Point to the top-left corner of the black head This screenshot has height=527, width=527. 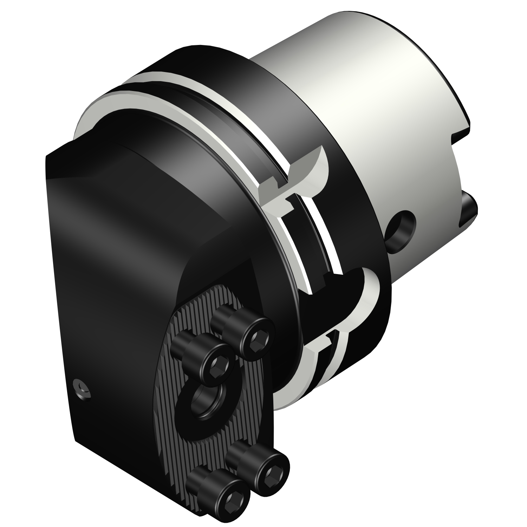[x=47, y=156]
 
